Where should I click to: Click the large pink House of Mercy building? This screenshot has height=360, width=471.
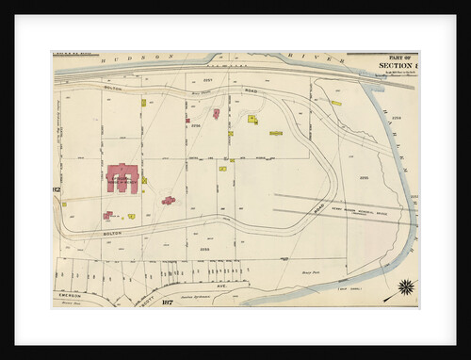point(122,176)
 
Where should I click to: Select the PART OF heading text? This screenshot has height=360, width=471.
point(394,57)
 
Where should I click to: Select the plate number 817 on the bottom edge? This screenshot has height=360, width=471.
point(167,302)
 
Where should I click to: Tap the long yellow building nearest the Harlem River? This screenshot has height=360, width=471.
point(335,103)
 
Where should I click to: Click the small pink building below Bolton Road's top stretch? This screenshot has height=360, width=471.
point(216,113)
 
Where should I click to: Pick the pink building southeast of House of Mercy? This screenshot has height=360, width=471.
point(168,200)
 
